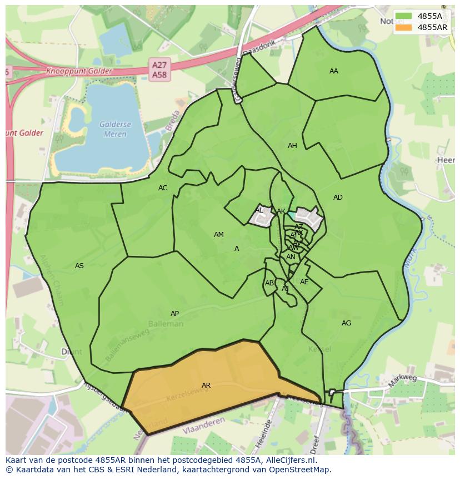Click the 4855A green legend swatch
point(404,16)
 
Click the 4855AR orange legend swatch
point(404,27)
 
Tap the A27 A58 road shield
point(159,70)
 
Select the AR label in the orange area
point(206,385)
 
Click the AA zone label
point(333,71)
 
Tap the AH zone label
point(292,146)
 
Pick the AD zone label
point(338,197)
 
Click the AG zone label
point(346,323)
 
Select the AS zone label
point(79,266)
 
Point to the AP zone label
point(174,314)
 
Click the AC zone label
point(162,188)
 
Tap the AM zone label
point(219,235)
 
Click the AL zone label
point(259,210)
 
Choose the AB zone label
point(269,283)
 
